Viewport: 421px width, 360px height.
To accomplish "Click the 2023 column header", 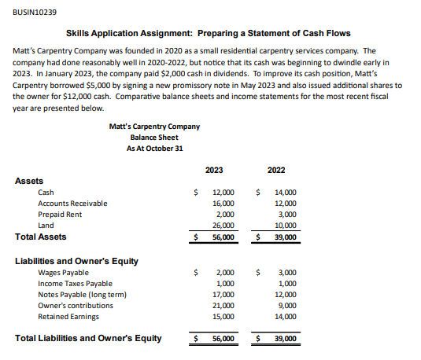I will (213, 170).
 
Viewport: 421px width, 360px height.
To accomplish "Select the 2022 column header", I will (276, 170).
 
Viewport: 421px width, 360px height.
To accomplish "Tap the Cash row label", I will (46, 192).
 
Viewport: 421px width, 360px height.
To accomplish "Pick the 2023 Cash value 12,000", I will (223, 192).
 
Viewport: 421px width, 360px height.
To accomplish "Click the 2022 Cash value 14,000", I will (286, 192).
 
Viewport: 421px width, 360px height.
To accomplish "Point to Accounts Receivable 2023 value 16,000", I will (223, 203).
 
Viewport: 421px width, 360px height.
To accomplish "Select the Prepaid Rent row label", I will (60, 214).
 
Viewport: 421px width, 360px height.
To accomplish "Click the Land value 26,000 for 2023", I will (223, 225).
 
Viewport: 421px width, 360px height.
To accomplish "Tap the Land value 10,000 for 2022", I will (286, 225).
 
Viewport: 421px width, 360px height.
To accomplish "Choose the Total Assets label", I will (41, 237).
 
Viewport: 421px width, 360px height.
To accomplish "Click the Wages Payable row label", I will (63, 272).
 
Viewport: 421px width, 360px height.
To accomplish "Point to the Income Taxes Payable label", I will (75, 283).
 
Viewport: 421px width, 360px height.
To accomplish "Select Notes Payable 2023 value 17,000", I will (223, 294).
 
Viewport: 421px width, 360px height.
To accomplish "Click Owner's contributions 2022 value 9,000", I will (287, 305).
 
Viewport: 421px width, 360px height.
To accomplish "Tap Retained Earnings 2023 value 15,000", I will (223, 316).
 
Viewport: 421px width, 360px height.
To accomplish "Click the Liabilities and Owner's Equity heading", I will (77, 260).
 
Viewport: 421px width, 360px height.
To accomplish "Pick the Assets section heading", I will (29, 181).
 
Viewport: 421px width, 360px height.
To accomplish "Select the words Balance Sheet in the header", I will (155, 137).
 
